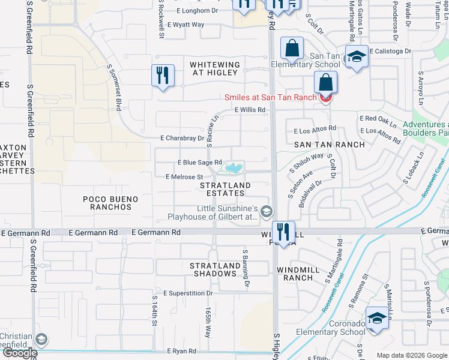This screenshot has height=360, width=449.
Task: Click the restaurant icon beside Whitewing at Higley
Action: click(x=163, y=76)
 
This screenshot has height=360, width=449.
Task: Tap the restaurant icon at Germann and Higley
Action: click(x=283, y=232)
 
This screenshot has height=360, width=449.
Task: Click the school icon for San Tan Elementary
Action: click(x=357, y=58)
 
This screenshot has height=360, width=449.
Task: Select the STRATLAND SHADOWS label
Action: click(x=213, y=269)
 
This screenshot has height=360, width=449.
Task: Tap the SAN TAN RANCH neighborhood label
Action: click(x=329, y=145)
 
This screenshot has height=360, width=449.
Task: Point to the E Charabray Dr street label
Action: click(x=182, y=138)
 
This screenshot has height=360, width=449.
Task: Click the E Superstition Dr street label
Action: click(x=188, y=293)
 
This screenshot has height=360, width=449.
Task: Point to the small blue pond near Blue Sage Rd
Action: click(x=234, y=167)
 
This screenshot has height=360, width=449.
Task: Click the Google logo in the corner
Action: click(x=19, y=353)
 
